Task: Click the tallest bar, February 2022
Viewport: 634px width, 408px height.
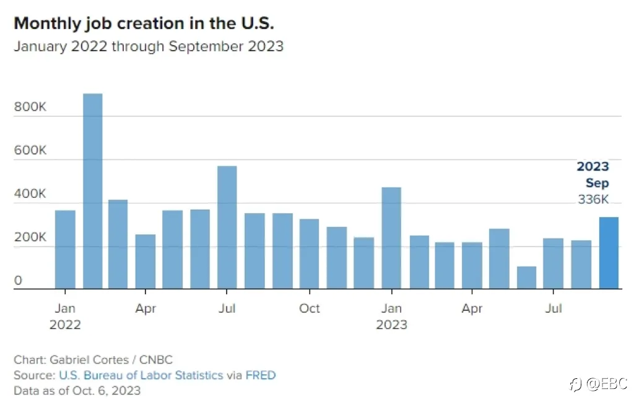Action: point(93,191)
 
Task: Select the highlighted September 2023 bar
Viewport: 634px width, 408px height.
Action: point(609,253)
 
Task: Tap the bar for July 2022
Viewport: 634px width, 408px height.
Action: point(227,227)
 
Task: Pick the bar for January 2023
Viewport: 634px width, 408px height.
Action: point(391,238)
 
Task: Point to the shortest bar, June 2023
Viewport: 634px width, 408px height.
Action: point(526,278)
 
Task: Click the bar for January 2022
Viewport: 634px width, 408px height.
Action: point(65,249)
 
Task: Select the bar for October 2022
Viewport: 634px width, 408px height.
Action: point(310,254)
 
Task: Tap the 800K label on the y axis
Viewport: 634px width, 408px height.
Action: point(30,106)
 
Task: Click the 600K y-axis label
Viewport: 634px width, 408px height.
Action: point(30,150)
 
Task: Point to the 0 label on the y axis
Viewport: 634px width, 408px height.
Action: point(18,281)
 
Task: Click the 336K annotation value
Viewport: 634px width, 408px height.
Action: point(593,199)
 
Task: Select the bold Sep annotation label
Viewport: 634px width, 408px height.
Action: point(597,183)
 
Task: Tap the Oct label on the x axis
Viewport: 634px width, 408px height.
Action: point(310,308)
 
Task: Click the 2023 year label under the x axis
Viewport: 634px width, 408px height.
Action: point(391,325)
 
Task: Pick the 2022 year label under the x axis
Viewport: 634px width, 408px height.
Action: point(65,325)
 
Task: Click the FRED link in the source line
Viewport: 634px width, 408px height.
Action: point(261,375)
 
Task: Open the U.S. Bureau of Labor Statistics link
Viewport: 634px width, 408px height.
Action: point(141,375)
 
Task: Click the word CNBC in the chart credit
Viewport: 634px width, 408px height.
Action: point(155,360)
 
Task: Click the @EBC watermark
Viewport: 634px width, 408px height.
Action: point(607,383)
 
